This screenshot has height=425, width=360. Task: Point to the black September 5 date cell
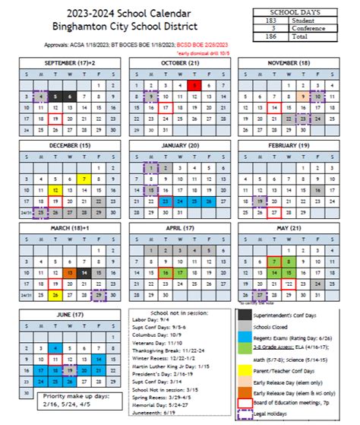click(70, 97)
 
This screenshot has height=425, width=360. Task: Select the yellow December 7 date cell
click(84, 179)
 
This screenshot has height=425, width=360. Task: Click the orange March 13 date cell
click(70, 271)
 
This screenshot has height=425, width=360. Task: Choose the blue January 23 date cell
click(166, 201)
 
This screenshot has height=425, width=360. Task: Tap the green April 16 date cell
click(166, 271)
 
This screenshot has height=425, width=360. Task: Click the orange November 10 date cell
click(303, 97)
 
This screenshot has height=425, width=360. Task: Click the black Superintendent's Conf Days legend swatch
click(245, 314)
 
